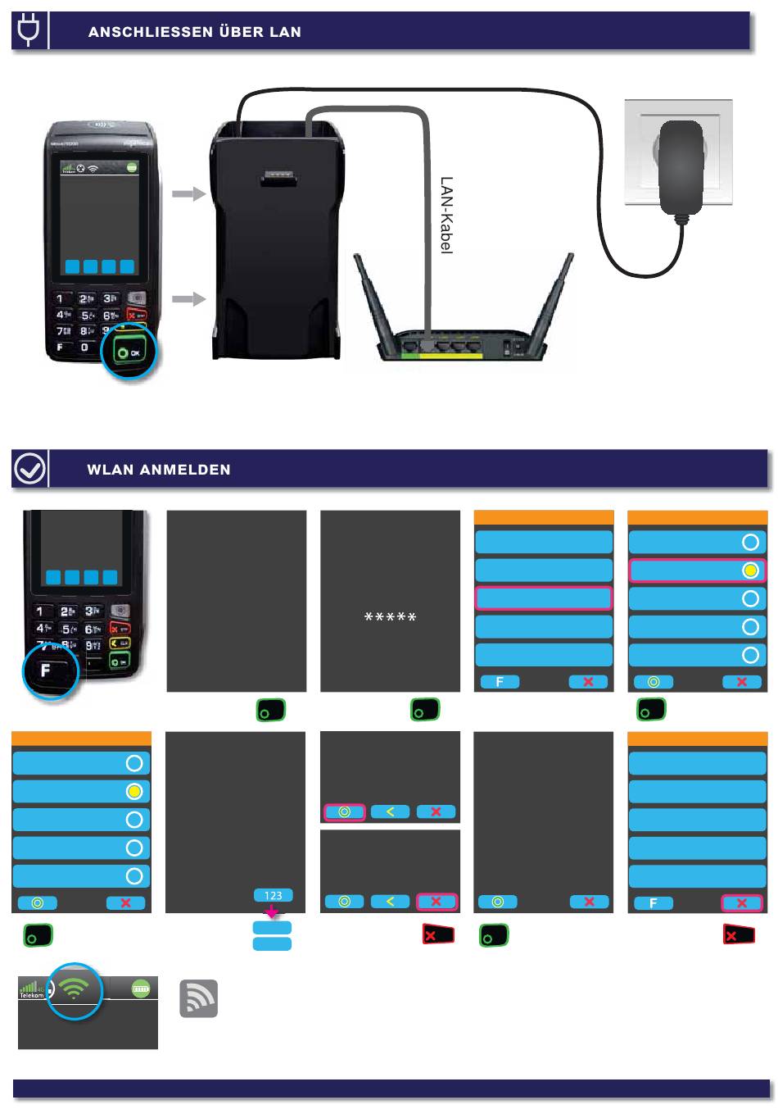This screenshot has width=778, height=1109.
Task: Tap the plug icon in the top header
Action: tap(28, 30)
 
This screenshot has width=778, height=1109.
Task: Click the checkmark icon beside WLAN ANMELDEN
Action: tap(30, 469)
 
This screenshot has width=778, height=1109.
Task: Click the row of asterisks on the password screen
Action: tap(390, 617)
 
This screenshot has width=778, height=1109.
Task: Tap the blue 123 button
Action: tap(273, 895)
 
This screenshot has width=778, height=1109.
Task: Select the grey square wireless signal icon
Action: tap(198, 998)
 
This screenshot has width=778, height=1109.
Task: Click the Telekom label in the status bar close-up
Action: tap(31, 995)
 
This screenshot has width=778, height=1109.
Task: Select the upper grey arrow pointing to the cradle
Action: tap(188, 194)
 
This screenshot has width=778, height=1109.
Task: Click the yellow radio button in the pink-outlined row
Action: tap(750, 570)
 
